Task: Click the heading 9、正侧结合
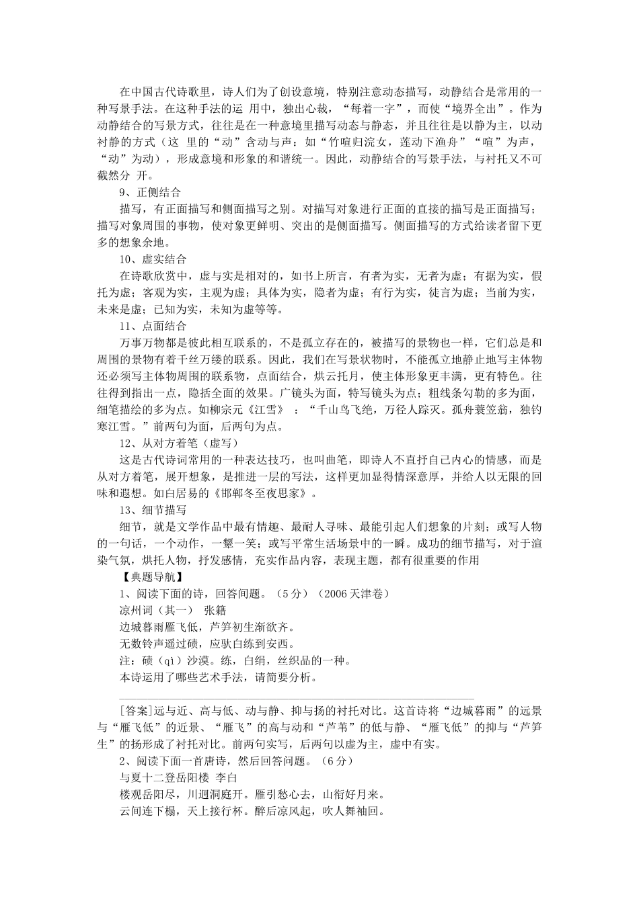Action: point(150,192)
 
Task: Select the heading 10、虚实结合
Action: point(153,259)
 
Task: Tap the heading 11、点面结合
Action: point(153,326)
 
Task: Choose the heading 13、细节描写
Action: point(153,511)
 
